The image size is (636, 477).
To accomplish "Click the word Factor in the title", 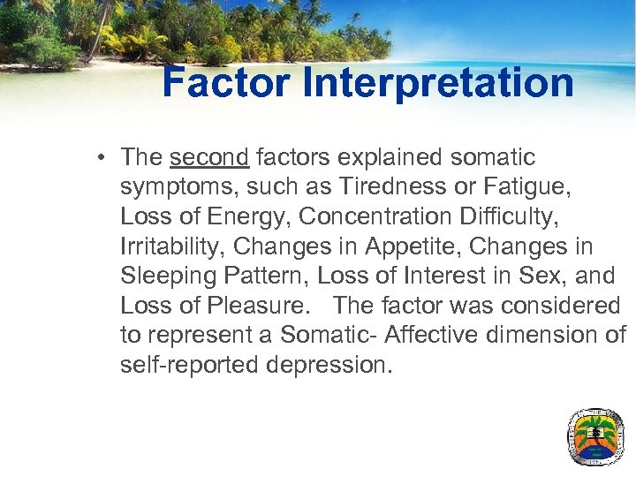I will (226, 83).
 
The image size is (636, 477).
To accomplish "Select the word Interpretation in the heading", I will (438, 84).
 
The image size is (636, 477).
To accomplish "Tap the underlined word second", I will (209, 157).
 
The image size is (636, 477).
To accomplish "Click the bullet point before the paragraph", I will (103, 158).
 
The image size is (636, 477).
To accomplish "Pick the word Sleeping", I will (170, 276).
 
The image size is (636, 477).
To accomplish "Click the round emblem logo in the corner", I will (594, 436).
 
